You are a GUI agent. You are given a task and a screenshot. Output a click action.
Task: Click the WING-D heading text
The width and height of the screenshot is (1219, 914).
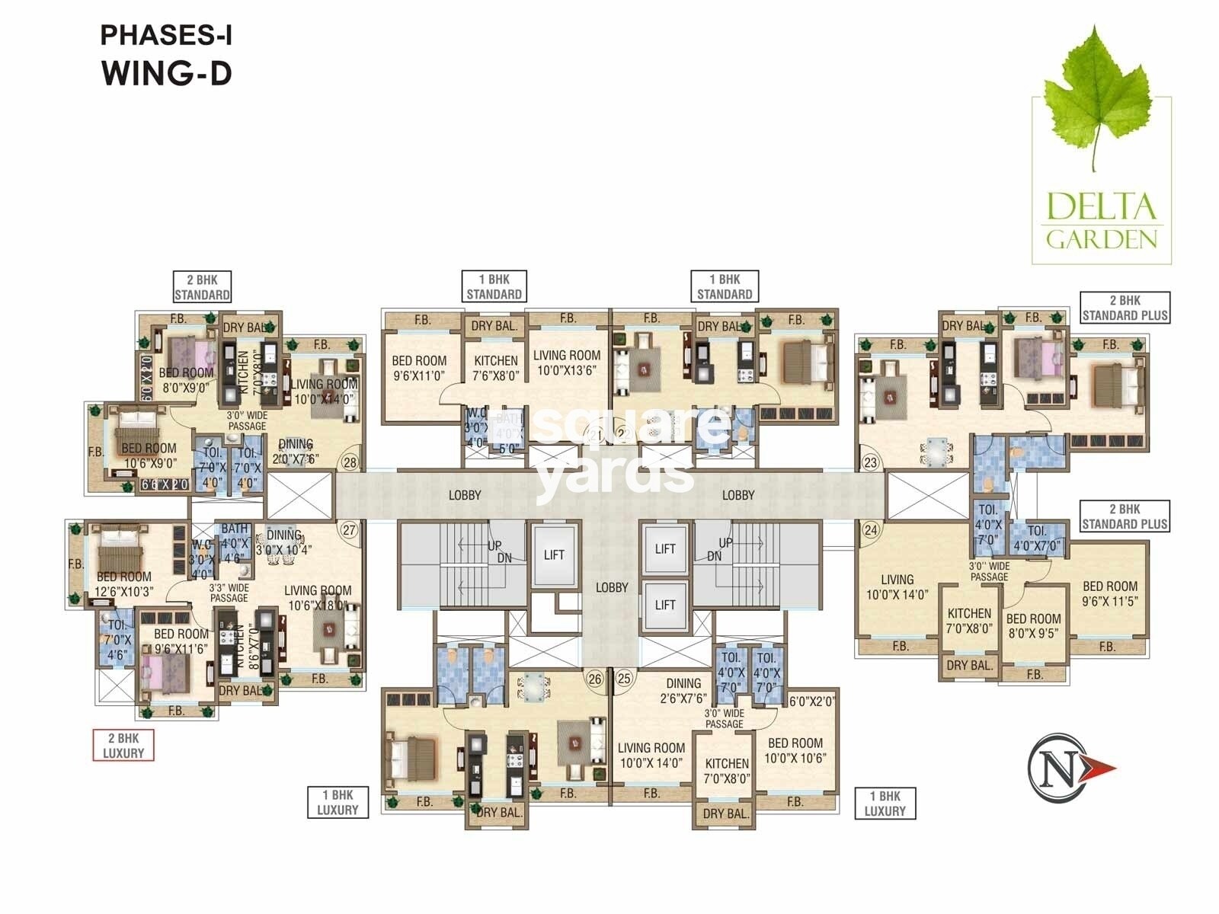click(166, 74)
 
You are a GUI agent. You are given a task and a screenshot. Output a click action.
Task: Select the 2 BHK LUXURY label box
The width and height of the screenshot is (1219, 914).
click(123, 745)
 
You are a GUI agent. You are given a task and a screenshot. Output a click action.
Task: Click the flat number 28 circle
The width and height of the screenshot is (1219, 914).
click(350, 462)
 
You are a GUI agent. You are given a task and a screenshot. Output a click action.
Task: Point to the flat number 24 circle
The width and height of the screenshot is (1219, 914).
click(871, 530)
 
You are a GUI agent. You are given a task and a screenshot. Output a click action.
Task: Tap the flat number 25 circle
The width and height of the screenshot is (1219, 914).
click(624, 678)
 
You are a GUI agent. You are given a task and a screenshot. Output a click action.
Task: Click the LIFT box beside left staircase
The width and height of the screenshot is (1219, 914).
click(554, 554)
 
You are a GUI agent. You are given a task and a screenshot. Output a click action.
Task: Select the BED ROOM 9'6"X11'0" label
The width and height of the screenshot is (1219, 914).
click(419, 368)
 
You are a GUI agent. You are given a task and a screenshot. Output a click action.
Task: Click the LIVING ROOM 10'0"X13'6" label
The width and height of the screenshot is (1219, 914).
click(567, 363)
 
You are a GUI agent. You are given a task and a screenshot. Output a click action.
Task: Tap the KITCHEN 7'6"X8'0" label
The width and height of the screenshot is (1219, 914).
click(495, 368)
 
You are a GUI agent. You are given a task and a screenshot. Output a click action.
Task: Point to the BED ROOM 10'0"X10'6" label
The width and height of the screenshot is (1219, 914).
click(795, 750)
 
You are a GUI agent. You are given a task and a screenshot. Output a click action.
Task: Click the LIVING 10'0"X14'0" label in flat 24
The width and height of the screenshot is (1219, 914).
click(897, 587)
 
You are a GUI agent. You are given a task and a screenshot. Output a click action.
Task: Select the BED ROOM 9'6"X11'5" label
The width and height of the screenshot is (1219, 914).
click(1110, 593)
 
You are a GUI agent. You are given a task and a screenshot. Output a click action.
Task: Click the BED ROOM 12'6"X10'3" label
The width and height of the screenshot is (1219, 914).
click(124, 584)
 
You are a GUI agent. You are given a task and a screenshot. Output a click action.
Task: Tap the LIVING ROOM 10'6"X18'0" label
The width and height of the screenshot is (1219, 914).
click(318, 598)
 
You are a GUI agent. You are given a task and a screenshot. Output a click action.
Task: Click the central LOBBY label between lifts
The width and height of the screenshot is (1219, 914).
click(612, 587)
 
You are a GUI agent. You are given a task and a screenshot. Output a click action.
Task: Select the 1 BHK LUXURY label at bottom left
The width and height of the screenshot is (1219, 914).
click(338, 803)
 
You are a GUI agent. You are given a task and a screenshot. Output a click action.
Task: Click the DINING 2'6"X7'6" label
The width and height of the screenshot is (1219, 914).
click(683, 691)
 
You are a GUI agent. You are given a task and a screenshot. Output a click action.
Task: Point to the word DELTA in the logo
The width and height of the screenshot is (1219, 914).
click(1101, 207)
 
